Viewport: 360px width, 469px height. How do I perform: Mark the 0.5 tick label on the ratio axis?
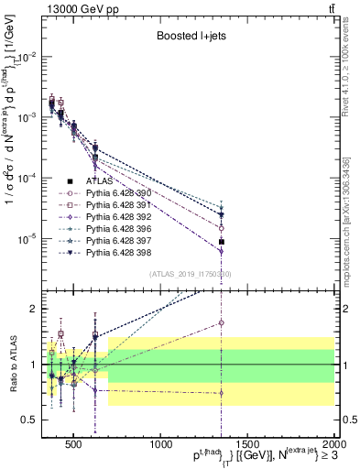pos(34,420)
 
